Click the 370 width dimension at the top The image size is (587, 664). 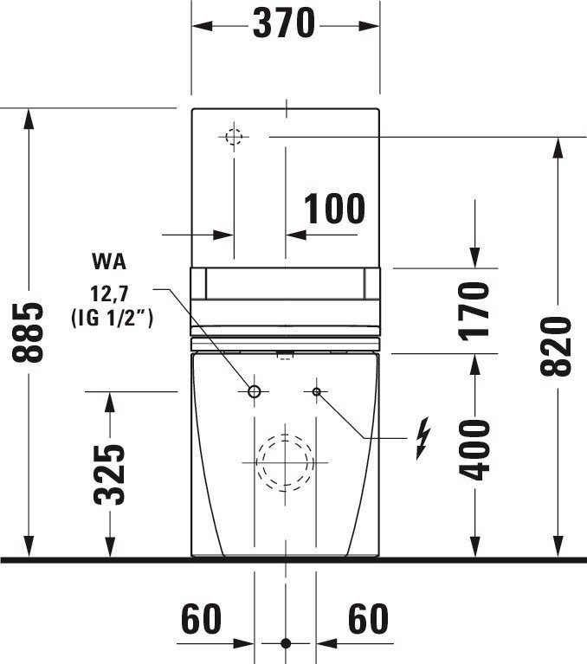click(284, 23)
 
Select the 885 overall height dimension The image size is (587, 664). click(28, 332)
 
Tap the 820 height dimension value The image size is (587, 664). click(556, 346)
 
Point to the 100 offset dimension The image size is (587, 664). click(334, 209)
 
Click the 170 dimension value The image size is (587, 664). click(474, 312)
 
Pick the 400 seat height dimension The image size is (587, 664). click(474, 450)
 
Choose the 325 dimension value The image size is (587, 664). click(109, 474)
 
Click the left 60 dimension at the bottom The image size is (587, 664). click(201, 619)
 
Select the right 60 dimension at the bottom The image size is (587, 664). click(368, 619)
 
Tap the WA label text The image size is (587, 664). click(109, 261)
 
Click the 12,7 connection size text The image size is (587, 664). click(109, 293)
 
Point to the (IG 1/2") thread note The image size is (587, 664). click(112, 318)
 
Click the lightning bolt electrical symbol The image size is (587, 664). click(423, 438)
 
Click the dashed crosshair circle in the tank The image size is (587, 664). click(234, 131)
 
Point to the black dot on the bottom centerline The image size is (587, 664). click(286, 644)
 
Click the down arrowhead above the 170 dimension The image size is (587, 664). click(474, 258)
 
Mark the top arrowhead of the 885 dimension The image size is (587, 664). click(29, 118)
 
